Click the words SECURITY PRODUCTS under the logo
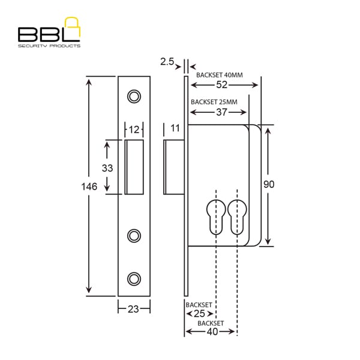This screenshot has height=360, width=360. pos(49,46)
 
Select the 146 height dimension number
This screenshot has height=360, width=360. pos(89,187)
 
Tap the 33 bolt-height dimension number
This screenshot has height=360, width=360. pos(107,168)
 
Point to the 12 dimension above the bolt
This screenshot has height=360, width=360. pos(134,130)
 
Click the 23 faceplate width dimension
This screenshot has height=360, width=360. pos(133,309)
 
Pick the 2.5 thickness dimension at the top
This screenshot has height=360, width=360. pos(167,62)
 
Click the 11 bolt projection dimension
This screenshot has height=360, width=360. pos(175,128)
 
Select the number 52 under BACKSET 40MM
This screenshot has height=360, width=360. pos(221,85)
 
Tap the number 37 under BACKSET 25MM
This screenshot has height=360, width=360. pos(221,112)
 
